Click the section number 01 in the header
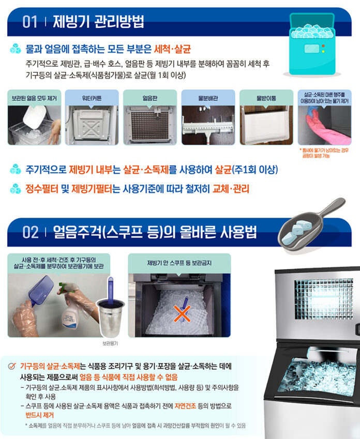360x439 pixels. tap(30, 22)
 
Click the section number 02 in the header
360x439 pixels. tap(31, 232)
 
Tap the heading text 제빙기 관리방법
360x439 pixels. tap(98, 22)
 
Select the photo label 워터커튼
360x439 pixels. tap(91, 97)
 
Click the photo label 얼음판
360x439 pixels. tap(149, 97)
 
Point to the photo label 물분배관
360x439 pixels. tap(207, 97)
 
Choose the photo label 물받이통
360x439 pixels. tap(266, 97)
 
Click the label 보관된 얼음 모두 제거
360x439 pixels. tap(34, 97)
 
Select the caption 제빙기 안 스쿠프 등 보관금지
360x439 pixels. tap(179, 263)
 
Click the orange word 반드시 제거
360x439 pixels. tap(39, 415)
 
